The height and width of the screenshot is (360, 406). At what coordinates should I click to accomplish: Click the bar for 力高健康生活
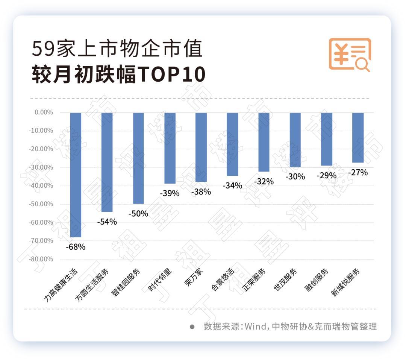(76, 175)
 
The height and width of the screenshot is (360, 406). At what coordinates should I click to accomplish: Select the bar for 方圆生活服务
(107, 162)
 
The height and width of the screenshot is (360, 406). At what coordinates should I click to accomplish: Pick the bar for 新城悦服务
(358, 138)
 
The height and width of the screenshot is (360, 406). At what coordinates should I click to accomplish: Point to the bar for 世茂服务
(295, 140)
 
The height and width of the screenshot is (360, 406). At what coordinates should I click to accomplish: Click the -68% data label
(76, 247)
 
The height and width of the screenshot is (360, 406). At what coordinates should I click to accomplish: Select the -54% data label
(107, 222)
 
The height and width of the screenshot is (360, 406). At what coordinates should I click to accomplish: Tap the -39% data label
(170, 193)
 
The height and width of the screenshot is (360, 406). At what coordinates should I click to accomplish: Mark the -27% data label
(358, 173)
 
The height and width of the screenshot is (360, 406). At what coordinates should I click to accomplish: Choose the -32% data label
(264, 181)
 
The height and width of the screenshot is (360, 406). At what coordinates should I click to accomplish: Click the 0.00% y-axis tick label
(44, 112)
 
